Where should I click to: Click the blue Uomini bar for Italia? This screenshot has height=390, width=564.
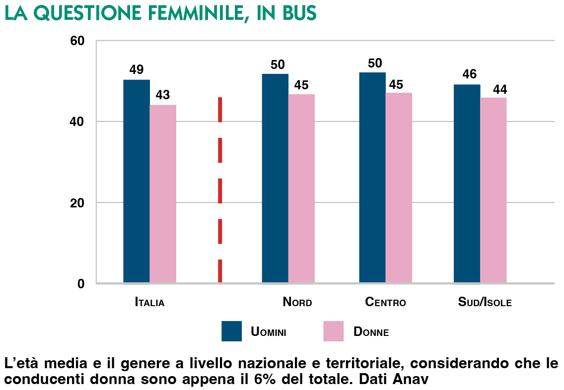point(137,181)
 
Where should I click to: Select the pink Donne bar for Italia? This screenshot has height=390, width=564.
point(163,194)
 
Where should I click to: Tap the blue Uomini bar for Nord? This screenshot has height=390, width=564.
point(275,179)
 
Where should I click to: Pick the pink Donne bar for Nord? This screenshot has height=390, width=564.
point(301,189)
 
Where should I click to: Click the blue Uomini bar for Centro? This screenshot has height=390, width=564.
point(372,178)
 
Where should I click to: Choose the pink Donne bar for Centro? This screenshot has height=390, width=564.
point(399,188)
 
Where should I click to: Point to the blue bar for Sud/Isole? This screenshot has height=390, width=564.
point(467,184)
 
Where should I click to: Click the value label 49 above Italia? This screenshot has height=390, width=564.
point(137,70)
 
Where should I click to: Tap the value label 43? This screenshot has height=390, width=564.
point(163,95)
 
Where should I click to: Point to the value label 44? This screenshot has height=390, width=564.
point(499,90)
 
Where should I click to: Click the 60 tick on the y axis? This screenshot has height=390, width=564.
point(79,41)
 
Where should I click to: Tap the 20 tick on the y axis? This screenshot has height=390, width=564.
point(79,203)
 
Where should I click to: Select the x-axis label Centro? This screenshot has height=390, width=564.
point(385,302)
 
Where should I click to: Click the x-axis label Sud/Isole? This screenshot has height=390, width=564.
point(485,302)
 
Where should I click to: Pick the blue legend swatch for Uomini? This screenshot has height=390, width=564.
point(231,331)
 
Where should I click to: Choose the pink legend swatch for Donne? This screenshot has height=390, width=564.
point(333,331)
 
